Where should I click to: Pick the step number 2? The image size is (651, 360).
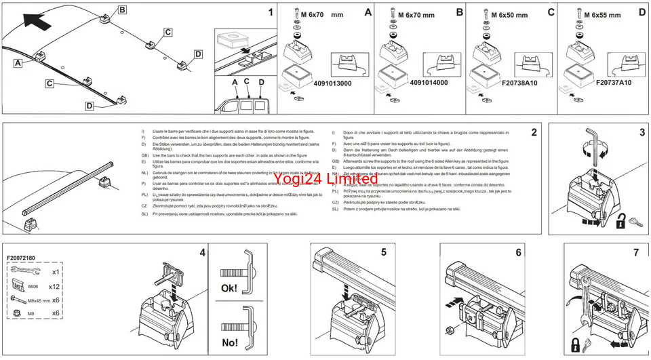pyautogui.click(x=534, y=132)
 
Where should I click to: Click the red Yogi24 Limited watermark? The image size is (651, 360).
pyautogui.click(x=325, y=179)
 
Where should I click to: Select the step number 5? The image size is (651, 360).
pyautogui.click(x=383, y=252)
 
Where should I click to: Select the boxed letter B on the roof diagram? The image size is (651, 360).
pyautogui.click(x=122, y=10)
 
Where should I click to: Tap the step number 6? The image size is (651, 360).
pyautogui.click(x=519, y=252)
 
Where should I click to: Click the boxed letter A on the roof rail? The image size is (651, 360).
pyautogui.click(x=17, y=62)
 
